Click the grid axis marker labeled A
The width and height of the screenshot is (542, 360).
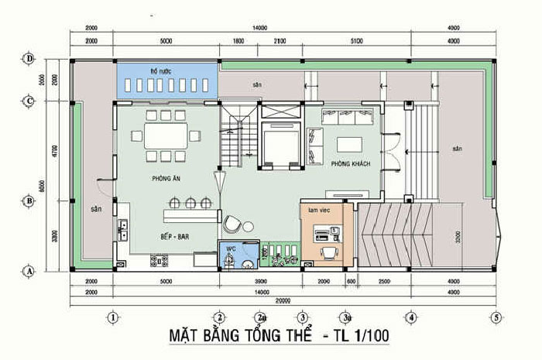point(29,271)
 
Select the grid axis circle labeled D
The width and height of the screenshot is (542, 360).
point(29,59)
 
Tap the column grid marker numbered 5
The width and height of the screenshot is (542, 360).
point(495,317)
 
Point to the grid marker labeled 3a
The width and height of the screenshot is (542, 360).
point(346,317)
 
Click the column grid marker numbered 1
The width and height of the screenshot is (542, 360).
point(113,317)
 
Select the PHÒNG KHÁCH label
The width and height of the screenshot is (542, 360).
point(351,164)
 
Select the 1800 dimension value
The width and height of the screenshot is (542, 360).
point(238,40)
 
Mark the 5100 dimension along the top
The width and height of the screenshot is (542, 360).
point(356,40)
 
